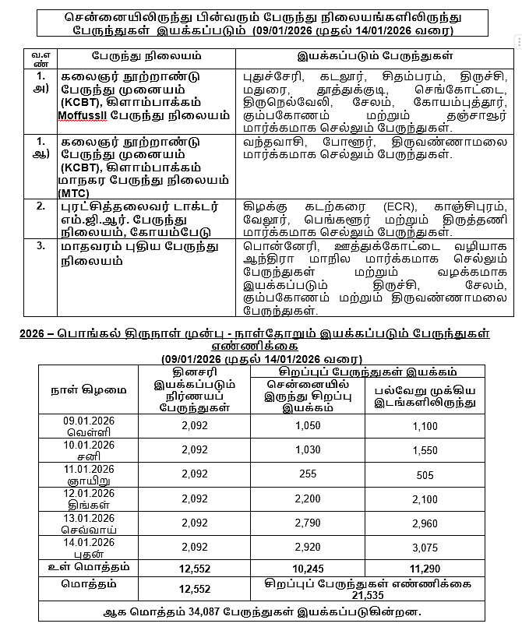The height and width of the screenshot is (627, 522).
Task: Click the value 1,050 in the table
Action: pos(309,427)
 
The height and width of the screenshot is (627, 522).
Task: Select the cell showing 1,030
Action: pos(309,450)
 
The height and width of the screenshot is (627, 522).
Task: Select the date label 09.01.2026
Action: pos(89,421)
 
